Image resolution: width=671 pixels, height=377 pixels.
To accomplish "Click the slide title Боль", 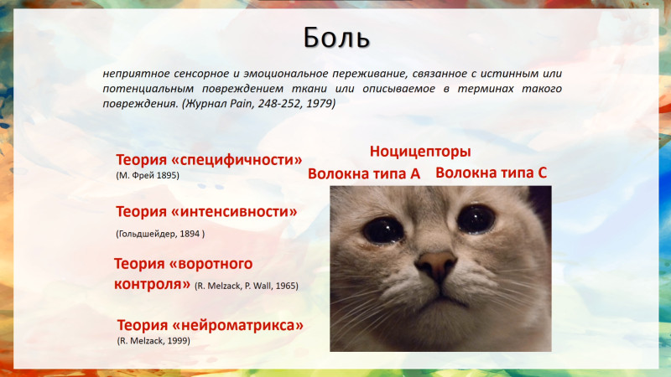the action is (x=336, y=38).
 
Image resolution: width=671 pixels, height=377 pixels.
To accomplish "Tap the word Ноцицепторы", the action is (x=420, y=152).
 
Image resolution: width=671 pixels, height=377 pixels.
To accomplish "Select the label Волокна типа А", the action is (x=364, y=174).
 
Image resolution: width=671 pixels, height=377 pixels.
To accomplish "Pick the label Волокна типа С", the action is (x=492, y=173).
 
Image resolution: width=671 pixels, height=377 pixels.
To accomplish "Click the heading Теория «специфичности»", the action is (x=209, y=160).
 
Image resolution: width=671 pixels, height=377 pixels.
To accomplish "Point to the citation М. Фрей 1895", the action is (x=148, y=175).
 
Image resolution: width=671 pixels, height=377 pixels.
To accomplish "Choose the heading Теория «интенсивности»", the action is (x=206, y=212).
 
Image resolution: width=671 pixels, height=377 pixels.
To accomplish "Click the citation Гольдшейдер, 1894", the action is (x=160, y=234).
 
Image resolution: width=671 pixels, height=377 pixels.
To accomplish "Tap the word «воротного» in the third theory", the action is (x=211, y=264).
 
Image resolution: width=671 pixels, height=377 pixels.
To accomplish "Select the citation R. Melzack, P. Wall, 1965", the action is (x=247, y=286).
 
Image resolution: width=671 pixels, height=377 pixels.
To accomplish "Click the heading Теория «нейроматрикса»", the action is (x=211, y=325).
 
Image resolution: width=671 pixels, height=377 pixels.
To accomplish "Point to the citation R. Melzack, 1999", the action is (x=153, y=341).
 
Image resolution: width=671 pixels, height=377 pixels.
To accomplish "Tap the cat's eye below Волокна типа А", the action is (x=383, y=230).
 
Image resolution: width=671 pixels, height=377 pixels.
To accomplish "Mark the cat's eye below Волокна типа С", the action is (x=476, y=219).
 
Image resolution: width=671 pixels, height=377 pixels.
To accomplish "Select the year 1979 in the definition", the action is (x=320, y=103).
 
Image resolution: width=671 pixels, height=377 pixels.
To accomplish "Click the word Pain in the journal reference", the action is (x=242, y=103).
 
